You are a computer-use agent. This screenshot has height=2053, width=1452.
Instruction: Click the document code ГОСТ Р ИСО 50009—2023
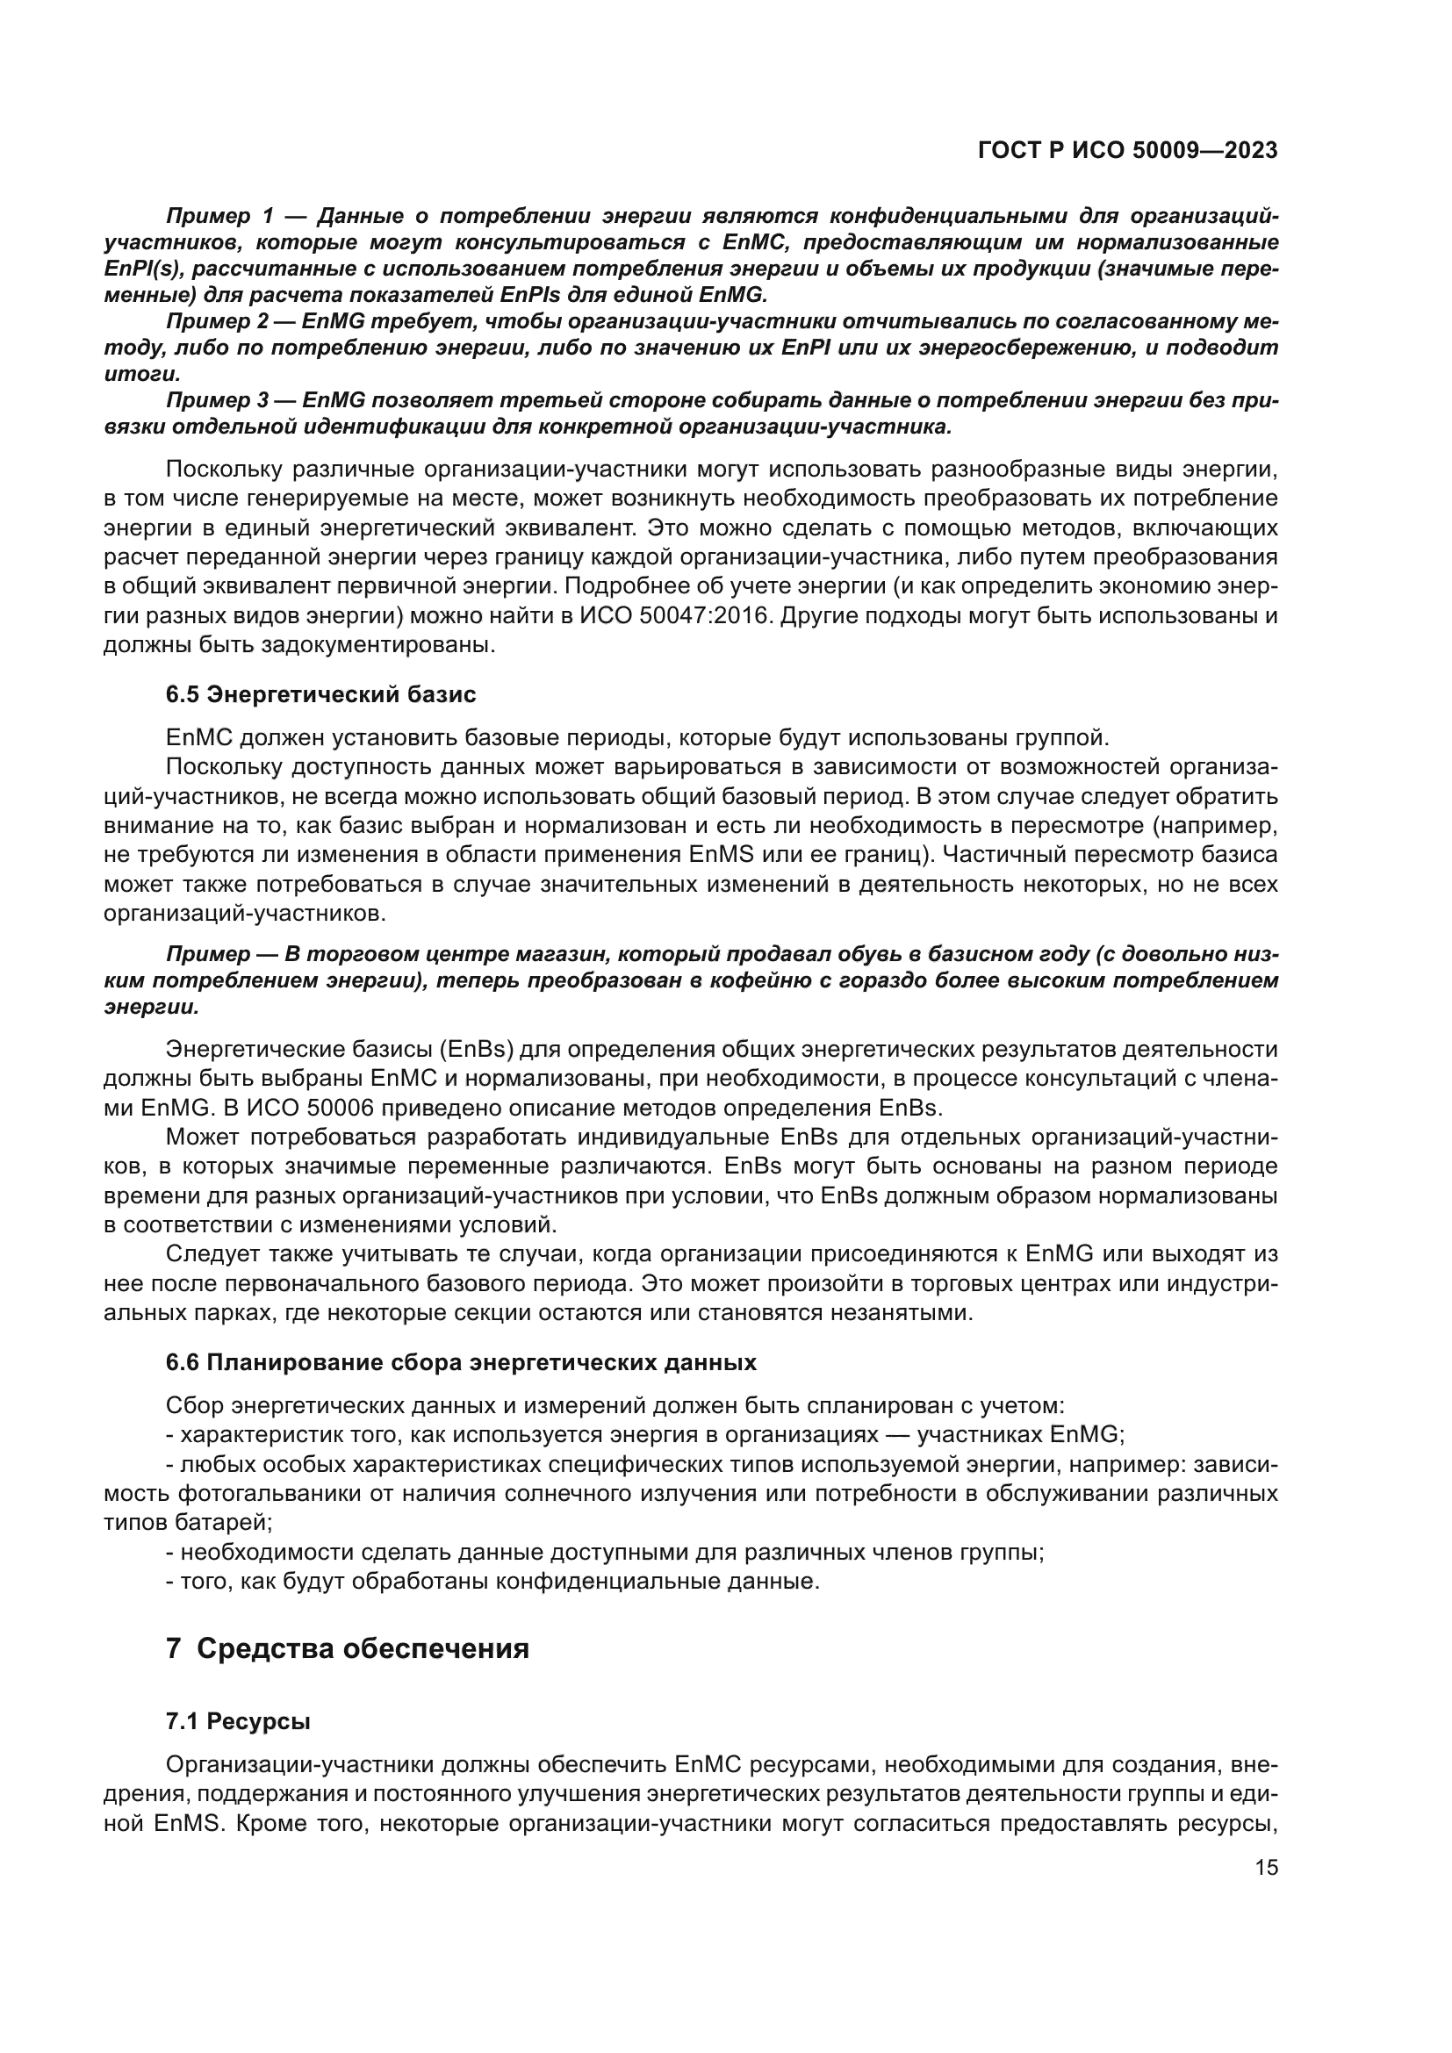[1127, 151]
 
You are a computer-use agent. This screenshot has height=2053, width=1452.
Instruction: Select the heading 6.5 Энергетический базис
[321, 695]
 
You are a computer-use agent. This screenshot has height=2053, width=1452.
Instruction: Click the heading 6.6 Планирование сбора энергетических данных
[462, 1362]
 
